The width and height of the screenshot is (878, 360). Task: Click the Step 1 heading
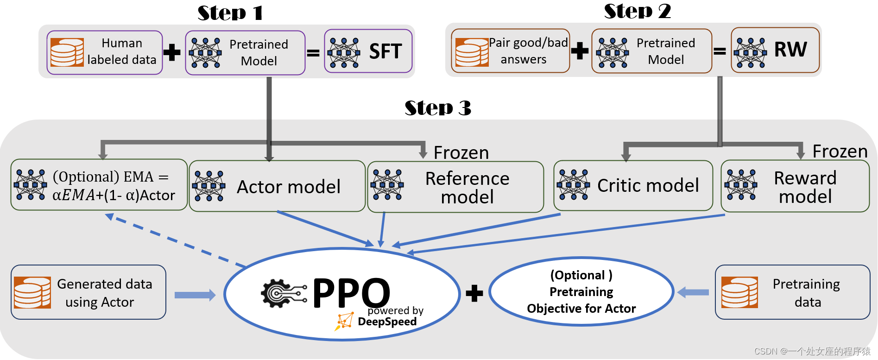230,13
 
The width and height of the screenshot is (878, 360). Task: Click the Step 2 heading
637,11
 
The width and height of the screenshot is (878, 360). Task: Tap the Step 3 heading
438,107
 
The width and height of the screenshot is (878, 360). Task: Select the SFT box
368,51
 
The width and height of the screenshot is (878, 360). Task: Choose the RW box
775,50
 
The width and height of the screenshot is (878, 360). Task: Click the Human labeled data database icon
67,52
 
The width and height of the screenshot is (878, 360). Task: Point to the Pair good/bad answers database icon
472,52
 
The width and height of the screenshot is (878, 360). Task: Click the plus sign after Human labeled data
172,52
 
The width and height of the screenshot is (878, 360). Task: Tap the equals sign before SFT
313,53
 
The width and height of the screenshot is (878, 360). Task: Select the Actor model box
277,186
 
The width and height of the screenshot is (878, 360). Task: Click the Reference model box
455,187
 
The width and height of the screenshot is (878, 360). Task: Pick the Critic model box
633,185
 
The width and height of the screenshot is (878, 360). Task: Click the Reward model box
795,186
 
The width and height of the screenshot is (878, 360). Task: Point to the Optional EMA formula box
99,184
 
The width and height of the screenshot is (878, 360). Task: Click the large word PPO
351,292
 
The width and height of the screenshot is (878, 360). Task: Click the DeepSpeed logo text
387,322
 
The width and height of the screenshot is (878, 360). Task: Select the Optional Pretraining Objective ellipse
581,291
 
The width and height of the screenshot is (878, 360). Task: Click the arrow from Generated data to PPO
195,295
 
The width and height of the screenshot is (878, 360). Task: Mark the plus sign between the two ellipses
474,293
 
